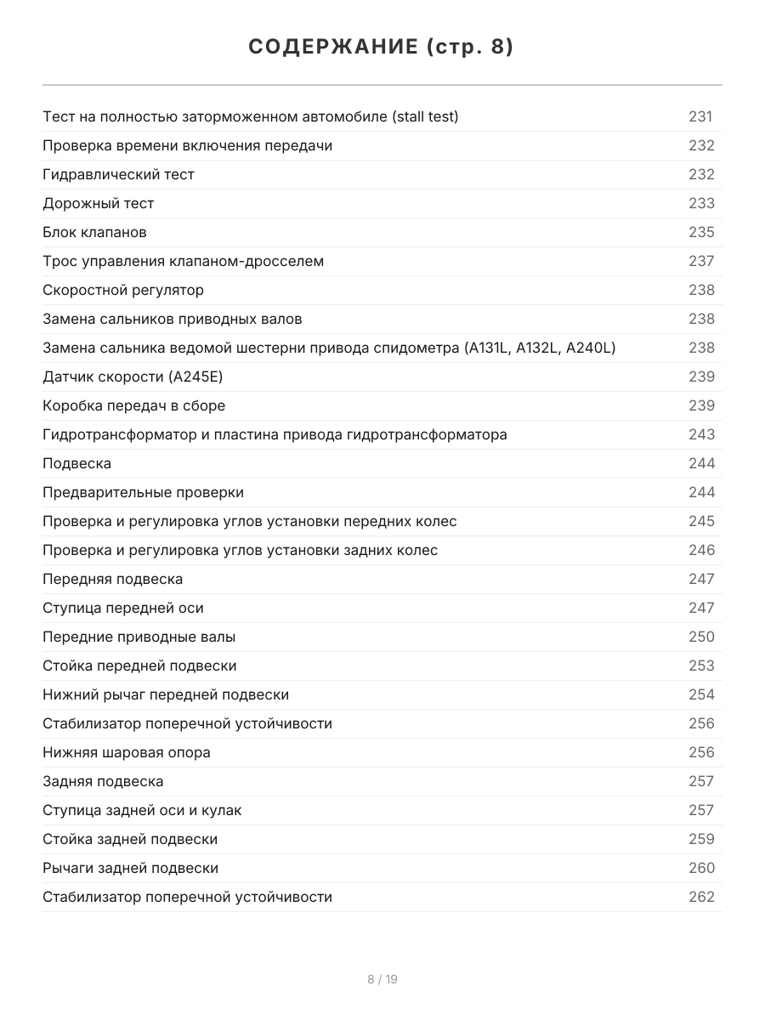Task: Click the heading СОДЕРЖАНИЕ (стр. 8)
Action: click(382, 48)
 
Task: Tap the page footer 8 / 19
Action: click(382, 979)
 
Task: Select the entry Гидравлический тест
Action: click(118, 174)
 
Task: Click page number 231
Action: click(700, 116)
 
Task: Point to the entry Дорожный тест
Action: click(99, 203)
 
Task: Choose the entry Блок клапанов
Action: click(94, 232)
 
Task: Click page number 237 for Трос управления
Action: click(701, 261)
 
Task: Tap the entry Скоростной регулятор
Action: click(123, 290)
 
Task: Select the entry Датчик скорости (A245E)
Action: click(133, 377)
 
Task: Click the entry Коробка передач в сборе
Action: click(133, 405)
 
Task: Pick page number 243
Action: click(701, 434)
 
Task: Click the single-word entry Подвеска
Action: click(76, 463)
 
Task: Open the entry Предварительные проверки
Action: click(143, 492)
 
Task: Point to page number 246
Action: click(701, 550)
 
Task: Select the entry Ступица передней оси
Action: click(123, 608)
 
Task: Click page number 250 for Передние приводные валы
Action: click(701, 637)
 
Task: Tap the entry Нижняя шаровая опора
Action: click(127, 752)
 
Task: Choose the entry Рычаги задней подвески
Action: click(130, 868)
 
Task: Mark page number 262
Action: click(701, 897)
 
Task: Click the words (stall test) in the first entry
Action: click(425, 116)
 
